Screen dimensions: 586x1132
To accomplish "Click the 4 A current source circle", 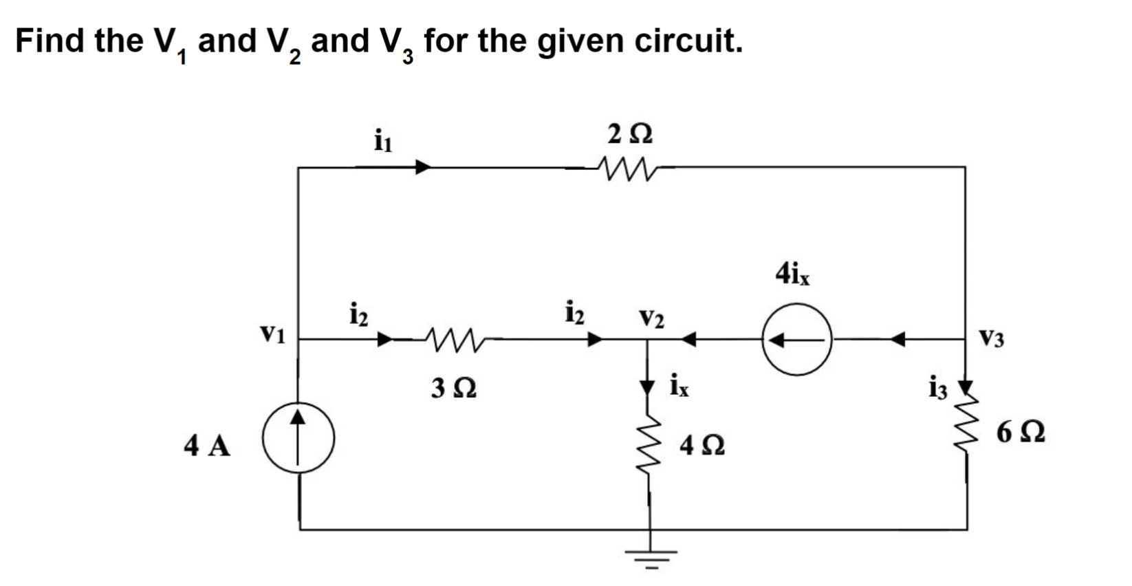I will point(299,438).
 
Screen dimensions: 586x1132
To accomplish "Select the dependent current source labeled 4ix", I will point(797,340).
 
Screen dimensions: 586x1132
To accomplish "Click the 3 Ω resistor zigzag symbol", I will point(453,338).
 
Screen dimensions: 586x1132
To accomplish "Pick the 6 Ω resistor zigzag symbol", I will point(968,426).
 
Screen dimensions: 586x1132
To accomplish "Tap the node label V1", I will point(273,334).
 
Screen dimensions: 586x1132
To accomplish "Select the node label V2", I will point(651,318).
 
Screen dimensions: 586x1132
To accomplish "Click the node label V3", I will point(991,338).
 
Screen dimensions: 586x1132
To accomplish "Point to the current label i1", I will point(382,140).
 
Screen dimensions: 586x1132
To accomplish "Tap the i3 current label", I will point(937,389).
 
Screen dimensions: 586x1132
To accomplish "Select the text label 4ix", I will point(792,273).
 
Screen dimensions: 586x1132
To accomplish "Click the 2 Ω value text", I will point(630,134).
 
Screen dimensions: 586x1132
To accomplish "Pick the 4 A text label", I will point(207,446).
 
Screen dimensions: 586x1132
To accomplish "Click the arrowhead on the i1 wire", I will point(422,167).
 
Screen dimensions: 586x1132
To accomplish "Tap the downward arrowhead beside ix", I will point(647,387).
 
